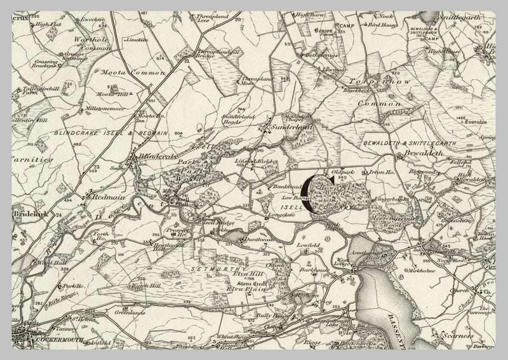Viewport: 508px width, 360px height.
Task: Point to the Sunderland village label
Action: (293, 127)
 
